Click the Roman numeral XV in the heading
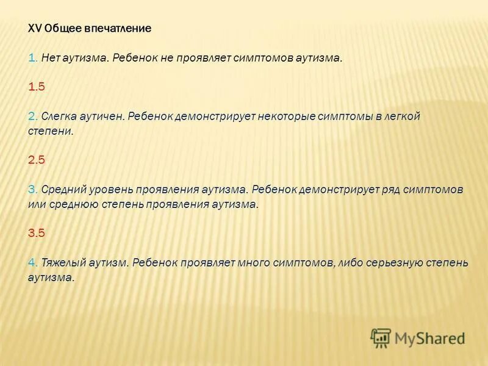[x=35, y=29]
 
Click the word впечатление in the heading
[x=117, y=29]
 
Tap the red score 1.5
[x=37, y=87]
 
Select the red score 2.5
[x=37, y=160]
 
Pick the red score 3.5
[x=37, y=233]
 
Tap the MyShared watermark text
[x=430, y=337]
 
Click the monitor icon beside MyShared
[x=381, y=337]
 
